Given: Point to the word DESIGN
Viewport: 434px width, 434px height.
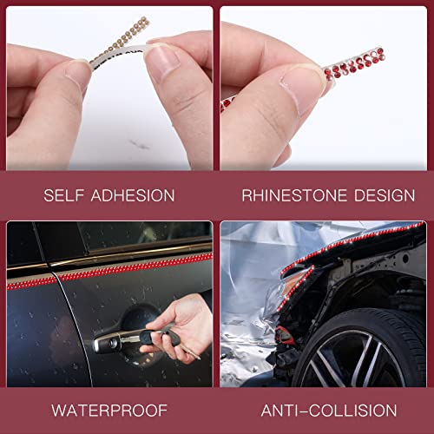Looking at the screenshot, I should pos(372,194).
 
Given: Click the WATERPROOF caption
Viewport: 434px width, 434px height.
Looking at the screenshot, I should pos(108,410).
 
